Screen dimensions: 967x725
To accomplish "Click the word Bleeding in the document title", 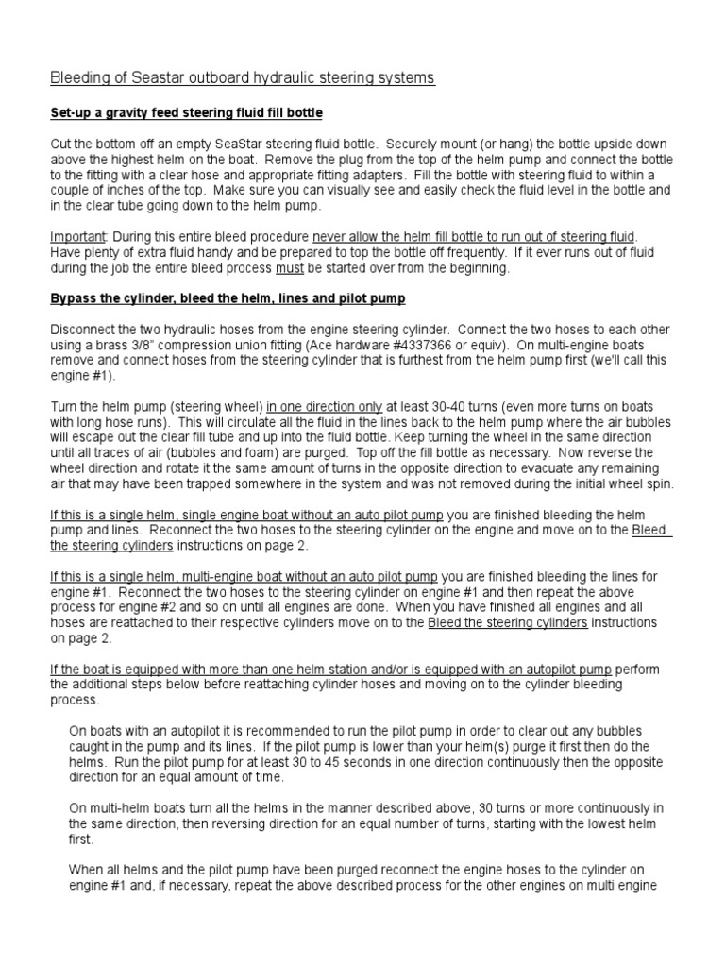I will (78, 78).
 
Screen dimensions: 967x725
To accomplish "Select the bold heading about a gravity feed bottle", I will (186, 113).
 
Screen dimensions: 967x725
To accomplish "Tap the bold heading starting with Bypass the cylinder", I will (228, 298).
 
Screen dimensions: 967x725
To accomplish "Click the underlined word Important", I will (76, 236).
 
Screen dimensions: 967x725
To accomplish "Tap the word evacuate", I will (559, 467).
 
